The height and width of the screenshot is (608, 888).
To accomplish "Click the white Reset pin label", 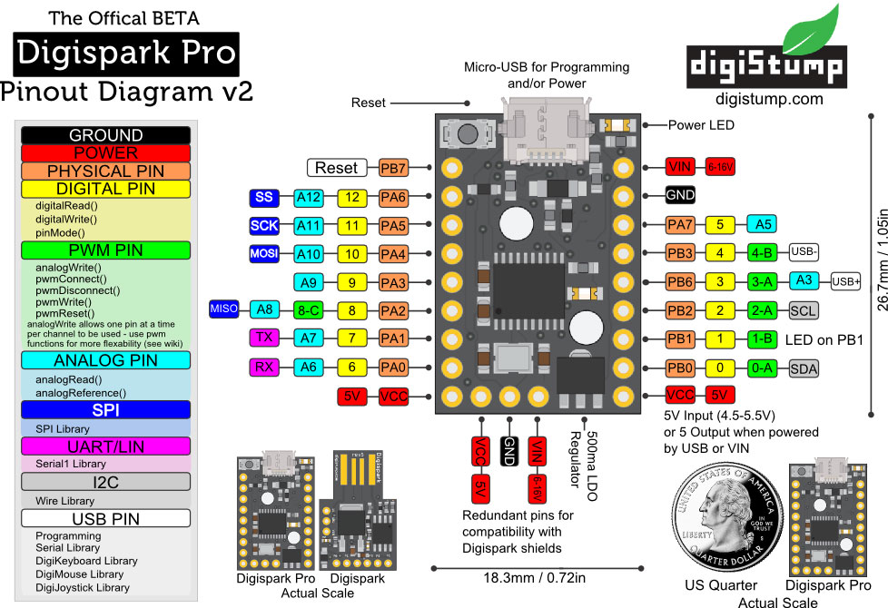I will [337, 168].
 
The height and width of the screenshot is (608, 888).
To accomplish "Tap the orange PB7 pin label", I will [393, 168].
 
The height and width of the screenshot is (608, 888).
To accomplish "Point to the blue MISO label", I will [224, 309].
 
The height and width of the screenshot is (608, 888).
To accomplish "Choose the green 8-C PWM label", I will [309, 309].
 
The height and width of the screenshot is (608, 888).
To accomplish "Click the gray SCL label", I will [803, 310].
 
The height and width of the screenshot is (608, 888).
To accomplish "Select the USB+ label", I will [845, 281].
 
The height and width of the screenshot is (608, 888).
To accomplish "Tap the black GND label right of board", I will [680, 195].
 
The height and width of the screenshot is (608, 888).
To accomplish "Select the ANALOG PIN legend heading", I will [105, 360].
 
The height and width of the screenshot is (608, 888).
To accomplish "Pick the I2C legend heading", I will [105, 482].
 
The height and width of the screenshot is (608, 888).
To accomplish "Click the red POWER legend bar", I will [105, 152].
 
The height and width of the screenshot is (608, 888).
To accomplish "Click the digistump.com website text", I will [769, 99].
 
